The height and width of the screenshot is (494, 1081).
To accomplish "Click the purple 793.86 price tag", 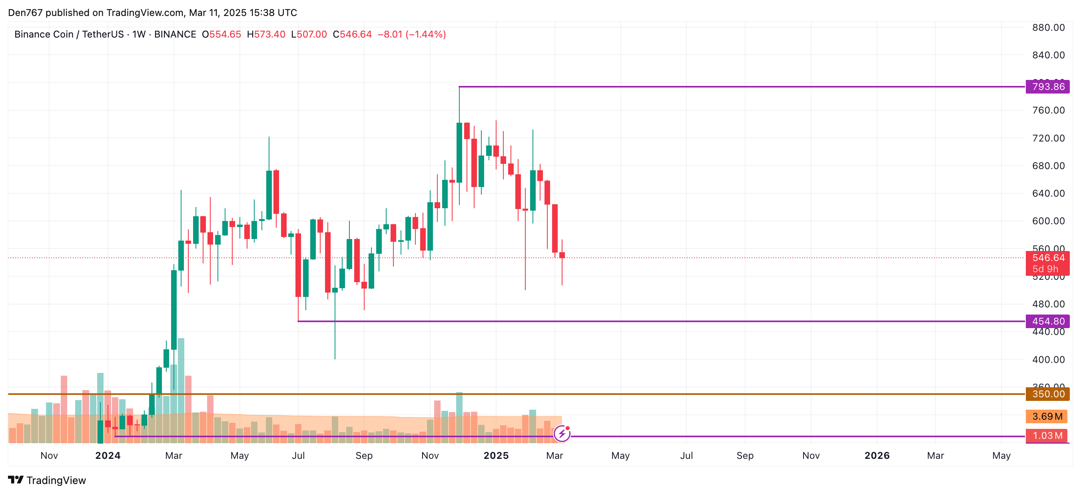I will coord(1047,87).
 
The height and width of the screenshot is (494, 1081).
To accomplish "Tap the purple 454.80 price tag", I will coord(1047,321).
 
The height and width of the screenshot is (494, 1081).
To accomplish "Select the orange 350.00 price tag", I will coord(1047,394).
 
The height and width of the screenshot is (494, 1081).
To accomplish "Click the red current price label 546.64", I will coord(1047,258).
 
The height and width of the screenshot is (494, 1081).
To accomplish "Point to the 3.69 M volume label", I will coord(1047,416).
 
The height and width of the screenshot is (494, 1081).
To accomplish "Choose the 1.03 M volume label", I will coord(1047,436).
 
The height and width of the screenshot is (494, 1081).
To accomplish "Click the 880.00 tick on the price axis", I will coord(1048,28).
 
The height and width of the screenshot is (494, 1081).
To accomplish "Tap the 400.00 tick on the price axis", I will coord(1048,360).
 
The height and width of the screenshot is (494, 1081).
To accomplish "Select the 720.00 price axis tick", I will coord(1048,138).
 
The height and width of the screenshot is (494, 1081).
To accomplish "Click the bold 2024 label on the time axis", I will coord(108,456).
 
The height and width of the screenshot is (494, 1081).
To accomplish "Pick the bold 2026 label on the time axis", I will coord(877,456).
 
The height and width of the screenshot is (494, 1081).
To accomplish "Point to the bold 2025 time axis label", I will coord(496,456).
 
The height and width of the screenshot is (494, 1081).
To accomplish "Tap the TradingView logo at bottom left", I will coord(47,480).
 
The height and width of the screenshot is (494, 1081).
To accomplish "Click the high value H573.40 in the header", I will coord(266,34).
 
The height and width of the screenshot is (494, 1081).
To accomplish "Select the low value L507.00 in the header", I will coord(309,34).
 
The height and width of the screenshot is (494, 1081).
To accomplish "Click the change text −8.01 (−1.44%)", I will coord(412,34).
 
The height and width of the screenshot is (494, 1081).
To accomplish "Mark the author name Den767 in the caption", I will coord(25,13).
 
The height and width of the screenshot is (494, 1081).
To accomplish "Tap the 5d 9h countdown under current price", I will coord(1045,269).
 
